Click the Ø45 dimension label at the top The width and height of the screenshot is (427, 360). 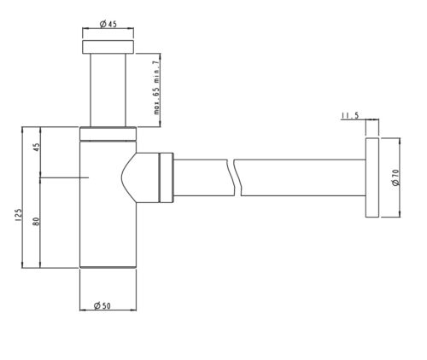tap(108, 24)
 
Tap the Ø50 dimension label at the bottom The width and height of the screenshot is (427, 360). tap(102, 305)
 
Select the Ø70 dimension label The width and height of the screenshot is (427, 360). tap(396, 177)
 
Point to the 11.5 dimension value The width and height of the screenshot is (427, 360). tap(350, 116)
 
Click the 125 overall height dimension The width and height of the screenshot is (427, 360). tap(18, 215)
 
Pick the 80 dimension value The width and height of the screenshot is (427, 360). tap(36, 222)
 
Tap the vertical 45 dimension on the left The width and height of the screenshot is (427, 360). tap(37, 147)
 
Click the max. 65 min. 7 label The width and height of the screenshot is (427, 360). tap(157, 88)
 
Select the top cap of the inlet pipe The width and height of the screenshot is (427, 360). tap(108, 47)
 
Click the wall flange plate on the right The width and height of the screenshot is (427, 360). tap(372, 177)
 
